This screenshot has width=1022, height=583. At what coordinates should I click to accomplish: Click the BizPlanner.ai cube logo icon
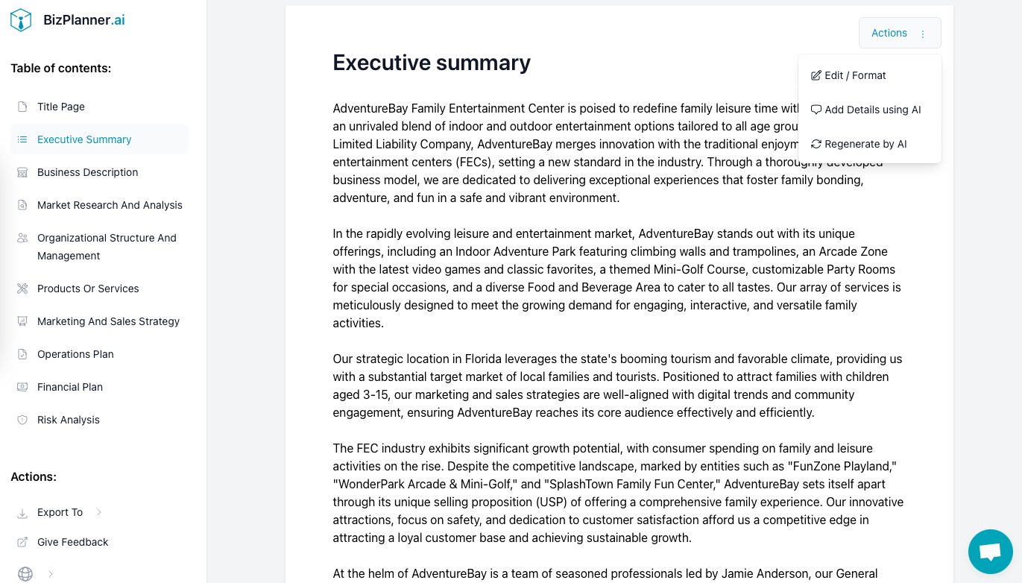pos(21,20)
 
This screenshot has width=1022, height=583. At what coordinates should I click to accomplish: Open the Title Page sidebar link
pos(61,107)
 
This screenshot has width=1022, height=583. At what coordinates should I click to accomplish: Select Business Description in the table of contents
pos(87,172)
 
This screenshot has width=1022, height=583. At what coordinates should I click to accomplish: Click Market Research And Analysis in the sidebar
pos(110,205)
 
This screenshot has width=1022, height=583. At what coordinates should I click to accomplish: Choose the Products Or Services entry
pos(88,289)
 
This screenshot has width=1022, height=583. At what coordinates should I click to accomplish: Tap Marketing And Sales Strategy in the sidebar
pos(108,321)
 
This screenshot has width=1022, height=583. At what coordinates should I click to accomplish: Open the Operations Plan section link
pos(75,354)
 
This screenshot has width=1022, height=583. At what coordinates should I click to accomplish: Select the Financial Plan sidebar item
pos(70,387)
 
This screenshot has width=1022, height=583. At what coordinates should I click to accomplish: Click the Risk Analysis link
pos(69,420)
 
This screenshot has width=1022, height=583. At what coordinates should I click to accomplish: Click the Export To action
pos(60,512)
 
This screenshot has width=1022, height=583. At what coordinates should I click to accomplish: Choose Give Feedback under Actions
pos(72,542)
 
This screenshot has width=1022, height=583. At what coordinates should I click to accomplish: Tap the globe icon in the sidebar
pos(25,573)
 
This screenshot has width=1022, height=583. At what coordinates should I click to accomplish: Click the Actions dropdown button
pos(899,34)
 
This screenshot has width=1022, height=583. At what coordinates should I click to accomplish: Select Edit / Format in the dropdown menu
pos(855,75)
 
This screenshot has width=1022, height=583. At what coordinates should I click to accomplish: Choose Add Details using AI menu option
pos(872,110)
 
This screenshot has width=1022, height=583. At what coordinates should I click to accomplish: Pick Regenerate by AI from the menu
pos(865,144)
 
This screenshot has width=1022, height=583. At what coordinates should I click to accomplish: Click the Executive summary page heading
pos(432,63)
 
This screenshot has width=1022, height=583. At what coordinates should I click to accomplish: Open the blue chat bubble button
pos(990,552)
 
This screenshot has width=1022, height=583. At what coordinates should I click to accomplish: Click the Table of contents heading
pos(60,68)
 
